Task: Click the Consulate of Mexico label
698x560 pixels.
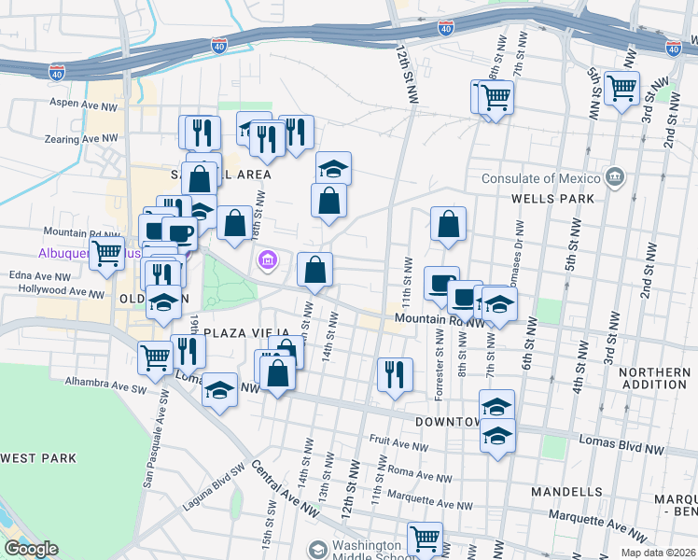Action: point(541,178)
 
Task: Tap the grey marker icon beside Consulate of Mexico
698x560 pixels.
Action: point(615,176)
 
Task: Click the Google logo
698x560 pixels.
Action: point(31,549)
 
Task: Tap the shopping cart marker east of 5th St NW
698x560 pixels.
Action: point(621,90)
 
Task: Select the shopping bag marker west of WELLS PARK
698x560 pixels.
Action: point(449,224)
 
